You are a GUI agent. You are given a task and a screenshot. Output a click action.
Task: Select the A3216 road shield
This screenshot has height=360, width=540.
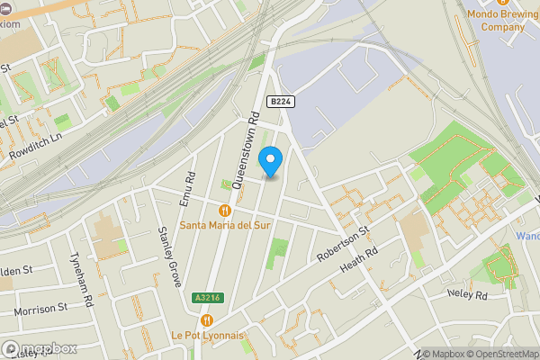(205, 297)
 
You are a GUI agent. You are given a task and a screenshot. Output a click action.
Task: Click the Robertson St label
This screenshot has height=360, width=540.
(343, 244)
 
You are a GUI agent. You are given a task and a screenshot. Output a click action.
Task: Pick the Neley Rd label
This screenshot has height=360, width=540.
(467, 294)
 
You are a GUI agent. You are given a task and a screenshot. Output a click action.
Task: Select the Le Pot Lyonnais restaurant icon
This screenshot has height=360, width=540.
(208, 319)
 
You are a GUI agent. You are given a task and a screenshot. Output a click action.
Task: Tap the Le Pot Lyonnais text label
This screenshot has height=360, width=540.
(208, 334)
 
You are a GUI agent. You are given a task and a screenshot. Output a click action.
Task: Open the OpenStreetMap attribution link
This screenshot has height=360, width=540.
(497, 354)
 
